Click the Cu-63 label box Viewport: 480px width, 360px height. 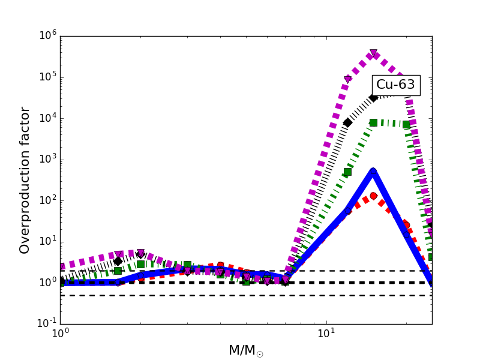tap(395, 85)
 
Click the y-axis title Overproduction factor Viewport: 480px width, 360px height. tap(25, 180)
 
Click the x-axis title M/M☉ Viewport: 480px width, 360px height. tap(246, 350)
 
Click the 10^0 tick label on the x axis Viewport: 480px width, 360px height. tap(60, 334)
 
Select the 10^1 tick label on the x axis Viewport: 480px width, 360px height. tap(326, 334)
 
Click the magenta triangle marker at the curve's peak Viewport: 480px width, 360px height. tap(373, 54)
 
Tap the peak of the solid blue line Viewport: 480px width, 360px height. tap(373, 172)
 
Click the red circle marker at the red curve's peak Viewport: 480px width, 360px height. tap(373, 196)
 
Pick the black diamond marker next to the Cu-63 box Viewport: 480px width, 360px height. tap(373, 97)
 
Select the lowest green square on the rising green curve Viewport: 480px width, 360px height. tap(347, 172)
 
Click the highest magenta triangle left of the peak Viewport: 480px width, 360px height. tap(347, 80)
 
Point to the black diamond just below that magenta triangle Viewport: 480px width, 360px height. tap(347, 122)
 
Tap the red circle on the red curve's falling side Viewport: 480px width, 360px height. tap(406, 224)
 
